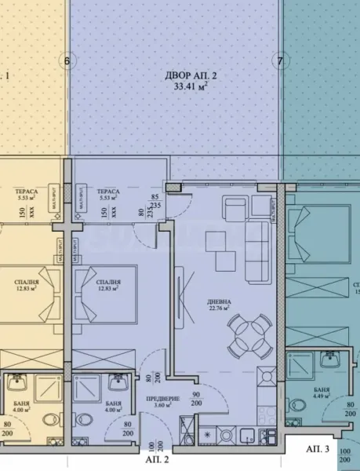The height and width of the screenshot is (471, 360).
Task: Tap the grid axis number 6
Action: [67, 60]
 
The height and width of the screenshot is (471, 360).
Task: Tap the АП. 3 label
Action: [317, 448]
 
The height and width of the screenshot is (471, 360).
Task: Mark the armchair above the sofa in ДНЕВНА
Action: [235, 208]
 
